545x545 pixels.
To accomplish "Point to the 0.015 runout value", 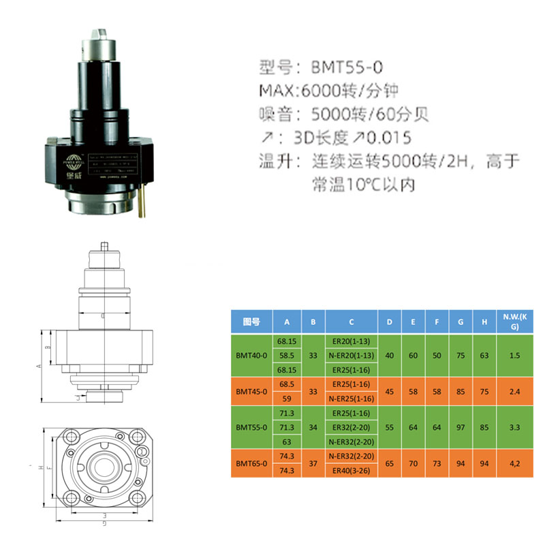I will coord(389,138).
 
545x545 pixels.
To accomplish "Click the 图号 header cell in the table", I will coord(251,322).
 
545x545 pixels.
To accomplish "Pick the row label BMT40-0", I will coord(251,355).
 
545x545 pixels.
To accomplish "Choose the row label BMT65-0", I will coord(251,464).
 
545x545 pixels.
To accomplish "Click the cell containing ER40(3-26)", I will coord(351,471).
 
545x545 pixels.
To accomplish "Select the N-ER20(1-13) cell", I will coord(351,355).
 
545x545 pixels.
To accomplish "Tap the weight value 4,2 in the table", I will coord(516,464).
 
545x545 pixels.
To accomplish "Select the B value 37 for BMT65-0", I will coord(313,464).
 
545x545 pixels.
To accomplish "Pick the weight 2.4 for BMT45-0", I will coord(516,392).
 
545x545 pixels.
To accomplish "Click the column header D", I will coord(389,322).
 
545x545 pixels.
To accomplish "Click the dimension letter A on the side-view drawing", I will coord(39,366).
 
